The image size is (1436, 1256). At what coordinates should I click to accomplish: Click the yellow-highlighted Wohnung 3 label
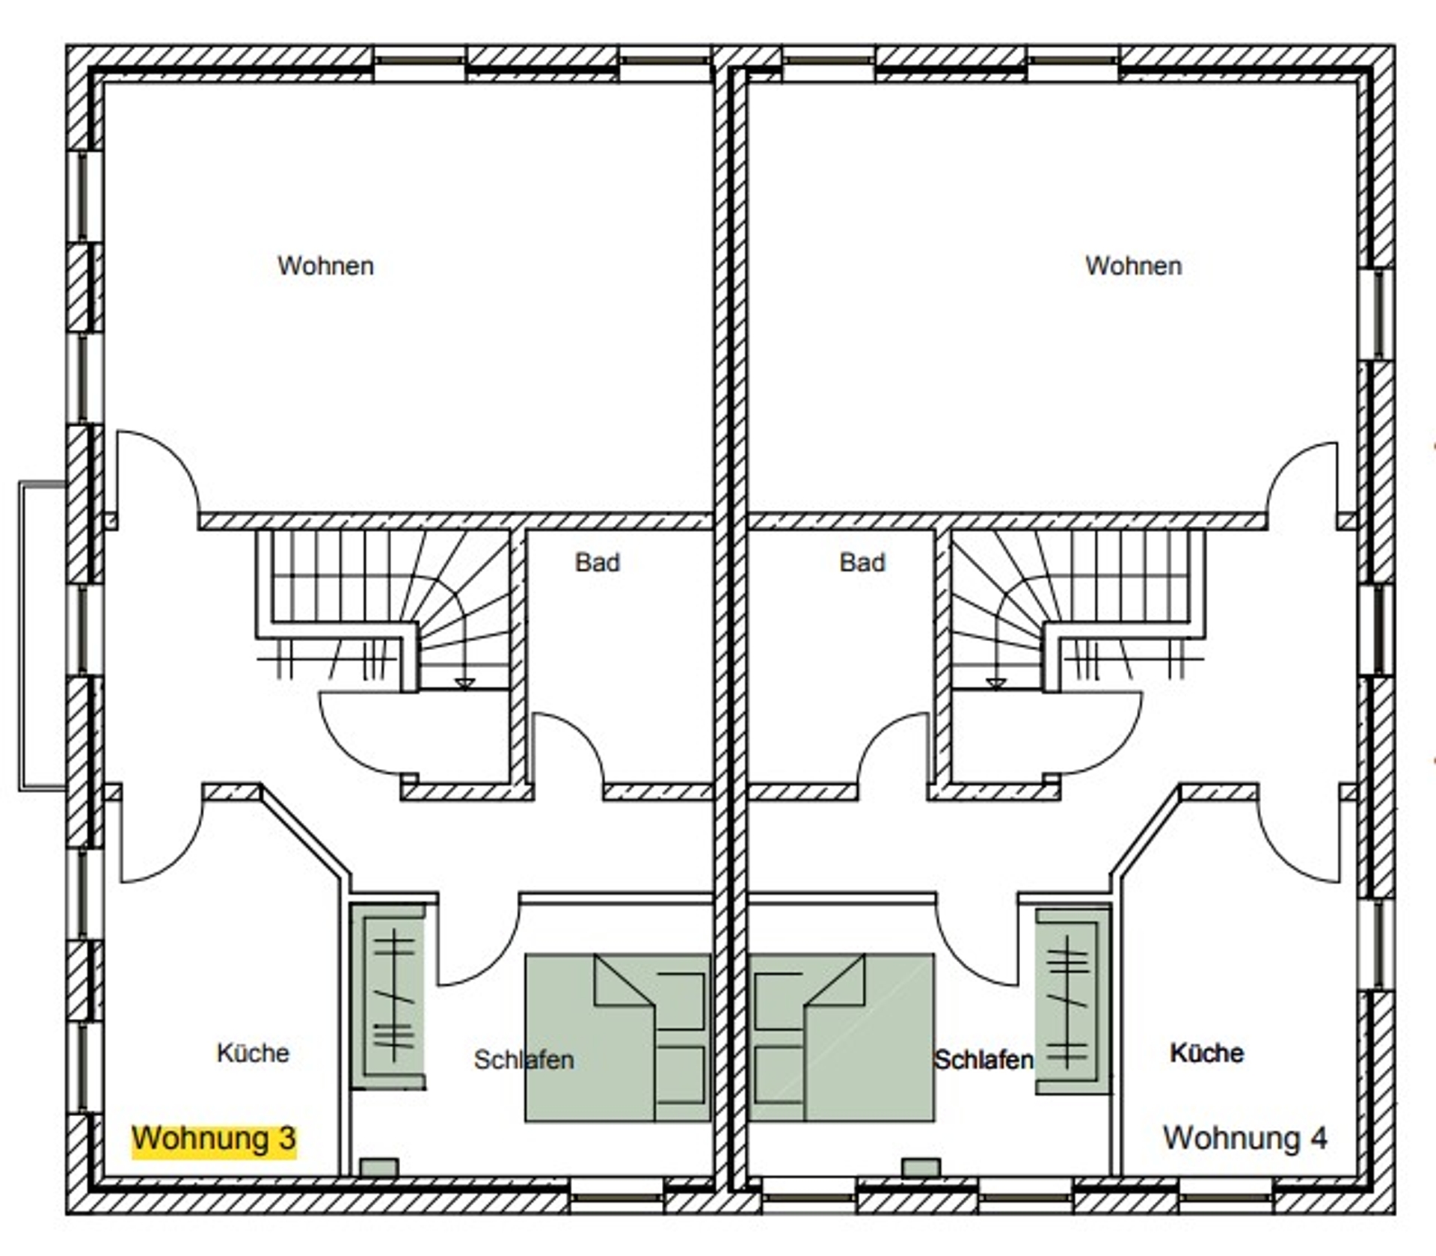214,1139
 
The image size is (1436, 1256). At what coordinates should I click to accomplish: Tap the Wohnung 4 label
1245,1138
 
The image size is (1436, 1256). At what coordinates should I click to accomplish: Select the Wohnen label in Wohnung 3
325,266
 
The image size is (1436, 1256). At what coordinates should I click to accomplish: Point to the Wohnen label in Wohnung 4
1134,266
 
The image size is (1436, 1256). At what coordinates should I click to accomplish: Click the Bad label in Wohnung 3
598,562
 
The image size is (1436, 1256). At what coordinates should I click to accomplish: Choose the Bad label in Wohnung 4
862,562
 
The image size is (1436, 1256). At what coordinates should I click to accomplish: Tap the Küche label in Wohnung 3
253,1053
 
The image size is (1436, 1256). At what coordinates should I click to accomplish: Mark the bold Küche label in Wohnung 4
1206,1053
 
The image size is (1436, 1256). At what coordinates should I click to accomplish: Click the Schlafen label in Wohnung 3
524,1059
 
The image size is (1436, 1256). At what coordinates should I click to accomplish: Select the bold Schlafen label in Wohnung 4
984,1059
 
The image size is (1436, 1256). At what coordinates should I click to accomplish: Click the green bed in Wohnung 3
618,1038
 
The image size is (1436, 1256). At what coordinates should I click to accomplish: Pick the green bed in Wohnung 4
841,1038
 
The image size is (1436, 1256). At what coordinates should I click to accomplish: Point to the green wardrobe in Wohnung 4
1073,1002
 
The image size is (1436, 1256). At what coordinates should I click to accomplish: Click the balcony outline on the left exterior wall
21,636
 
